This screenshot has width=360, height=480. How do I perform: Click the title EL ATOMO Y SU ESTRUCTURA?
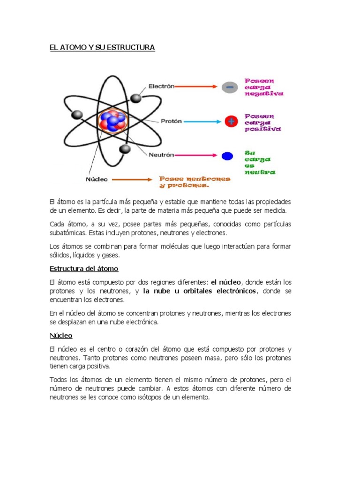click(102, 48)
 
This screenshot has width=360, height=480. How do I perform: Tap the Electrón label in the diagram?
click(161, 86)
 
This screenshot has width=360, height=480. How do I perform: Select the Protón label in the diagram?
click(171, 121)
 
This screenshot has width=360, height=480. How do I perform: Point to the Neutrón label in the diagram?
click(161, 155)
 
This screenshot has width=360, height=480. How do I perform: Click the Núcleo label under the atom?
click(97, 179)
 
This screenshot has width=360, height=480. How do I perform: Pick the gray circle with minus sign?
click(230, 87)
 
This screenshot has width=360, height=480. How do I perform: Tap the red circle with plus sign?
click(230, 122)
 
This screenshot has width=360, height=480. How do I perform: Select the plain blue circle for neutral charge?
click(228, 156)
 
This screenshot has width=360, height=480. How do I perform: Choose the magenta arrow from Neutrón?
click(197, 156)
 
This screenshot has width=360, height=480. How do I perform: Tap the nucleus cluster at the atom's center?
click(112, 121)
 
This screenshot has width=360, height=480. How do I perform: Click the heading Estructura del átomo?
click(84, 269)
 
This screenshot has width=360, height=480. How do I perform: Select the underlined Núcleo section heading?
click(61, 336)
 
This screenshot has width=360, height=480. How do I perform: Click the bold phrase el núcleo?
click(226, 282)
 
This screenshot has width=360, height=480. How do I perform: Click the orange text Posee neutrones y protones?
click(195, 182)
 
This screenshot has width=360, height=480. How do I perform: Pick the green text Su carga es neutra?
click(260, 162)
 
